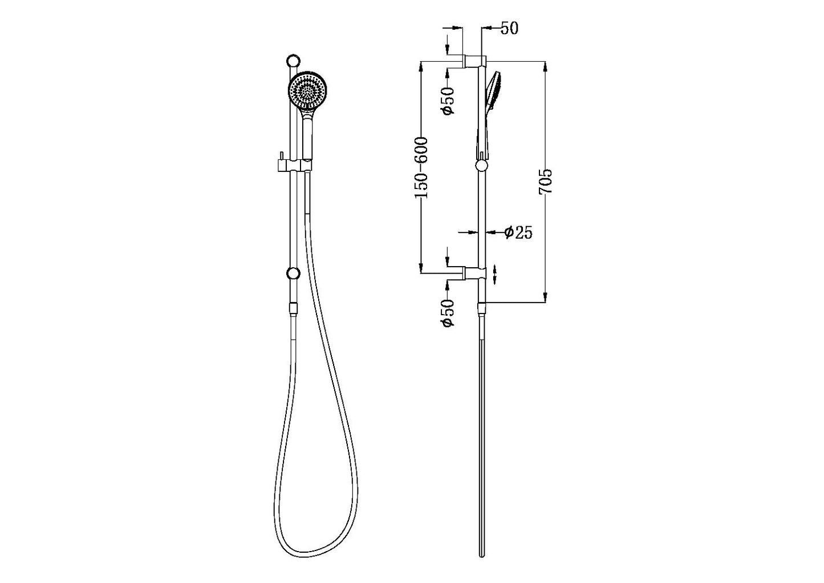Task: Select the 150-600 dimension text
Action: point(421,168)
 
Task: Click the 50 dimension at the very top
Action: point(509,28)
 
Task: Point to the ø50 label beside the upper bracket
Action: point(449,99)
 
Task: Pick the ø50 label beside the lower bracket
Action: point(449,313)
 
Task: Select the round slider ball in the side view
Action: point(482,166)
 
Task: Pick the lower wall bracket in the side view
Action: point(473,274)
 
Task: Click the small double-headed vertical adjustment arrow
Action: point(494,274)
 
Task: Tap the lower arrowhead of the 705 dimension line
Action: point(545,297)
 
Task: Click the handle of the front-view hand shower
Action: point(307,134)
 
